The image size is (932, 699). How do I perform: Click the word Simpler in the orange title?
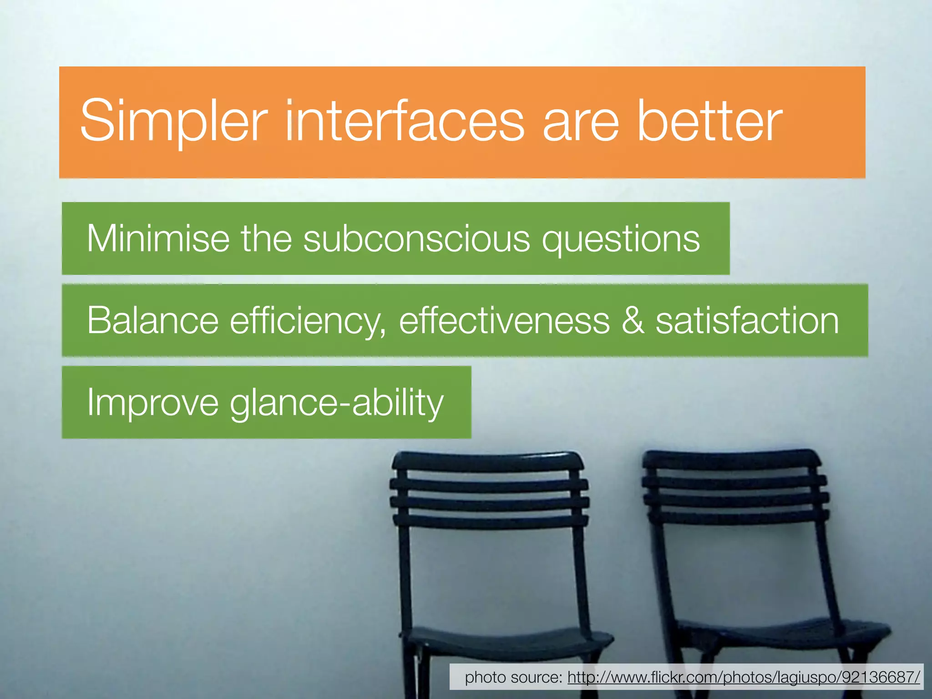173,122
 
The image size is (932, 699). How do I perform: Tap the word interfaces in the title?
405,122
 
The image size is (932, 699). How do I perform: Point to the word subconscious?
416,238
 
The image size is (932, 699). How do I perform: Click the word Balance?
153,320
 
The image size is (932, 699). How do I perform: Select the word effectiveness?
504,320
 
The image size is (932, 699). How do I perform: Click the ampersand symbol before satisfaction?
633,320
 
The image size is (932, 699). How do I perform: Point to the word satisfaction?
747,320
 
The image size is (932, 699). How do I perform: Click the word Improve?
153,402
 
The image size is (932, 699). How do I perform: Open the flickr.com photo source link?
744,677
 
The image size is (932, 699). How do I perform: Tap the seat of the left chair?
505,639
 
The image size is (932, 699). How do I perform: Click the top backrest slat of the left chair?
487,461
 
